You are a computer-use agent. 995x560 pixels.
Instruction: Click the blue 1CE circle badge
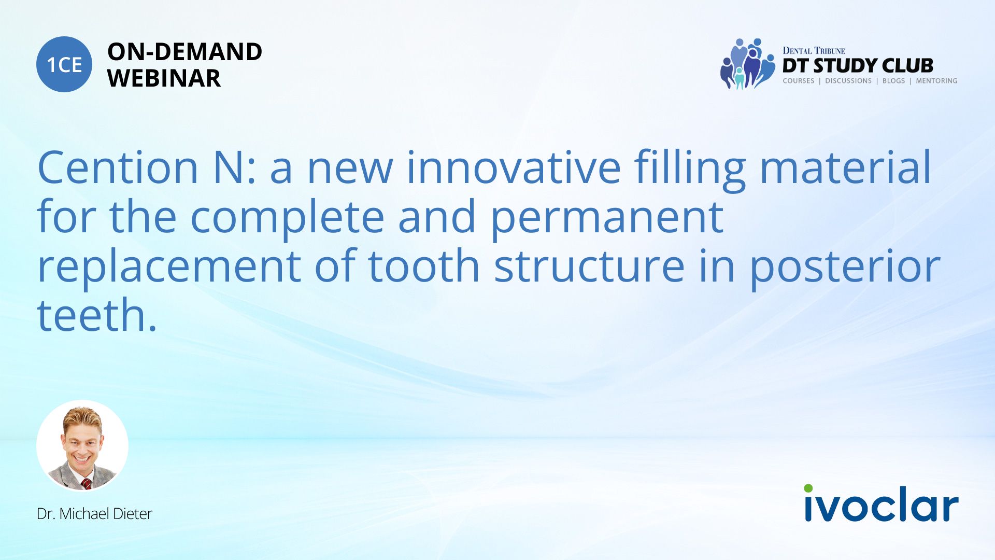click(x=64, y=64)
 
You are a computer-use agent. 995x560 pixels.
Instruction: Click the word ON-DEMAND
click(x=184, y=52)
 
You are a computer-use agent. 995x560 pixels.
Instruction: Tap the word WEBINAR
click(x=164, y=78)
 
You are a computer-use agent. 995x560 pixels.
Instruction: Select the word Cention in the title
click(x=118, y=167)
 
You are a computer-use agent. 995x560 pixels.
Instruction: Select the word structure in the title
click(x=589, y=266)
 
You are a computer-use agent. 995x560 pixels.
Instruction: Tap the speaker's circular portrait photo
click(x=82, y=445)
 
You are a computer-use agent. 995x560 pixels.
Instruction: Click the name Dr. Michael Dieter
click(x=94, y=513)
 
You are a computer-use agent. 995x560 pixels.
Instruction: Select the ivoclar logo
click(x=881, y=502)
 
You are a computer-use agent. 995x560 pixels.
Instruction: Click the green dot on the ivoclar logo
click(x=808, y=488)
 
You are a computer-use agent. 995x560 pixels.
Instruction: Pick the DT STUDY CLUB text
click(x=858, y=65)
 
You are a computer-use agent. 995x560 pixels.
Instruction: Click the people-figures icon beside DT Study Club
click(x=747, y=63)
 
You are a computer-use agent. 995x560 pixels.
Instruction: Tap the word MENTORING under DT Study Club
click(x=936, y=81)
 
